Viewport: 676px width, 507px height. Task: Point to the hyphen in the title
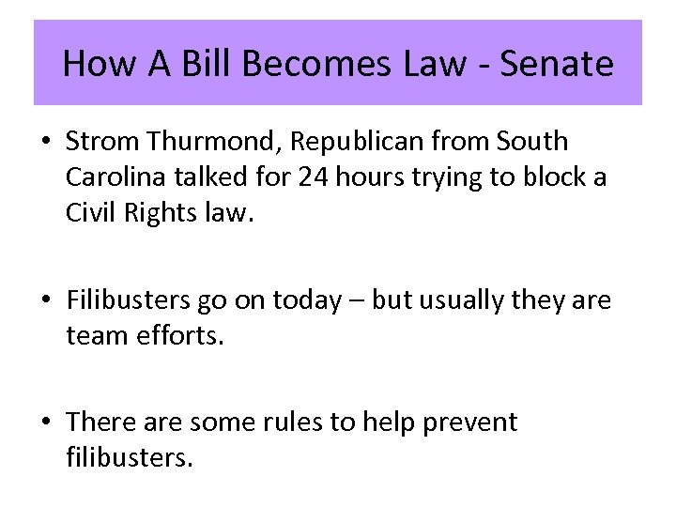pos(483,66)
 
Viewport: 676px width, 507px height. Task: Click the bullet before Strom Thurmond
pos(46,143)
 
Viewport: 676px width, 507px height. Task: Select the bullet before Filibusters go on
pos(46,300)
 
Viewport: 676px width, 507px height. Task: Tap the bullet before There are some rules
pos(46,423)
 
